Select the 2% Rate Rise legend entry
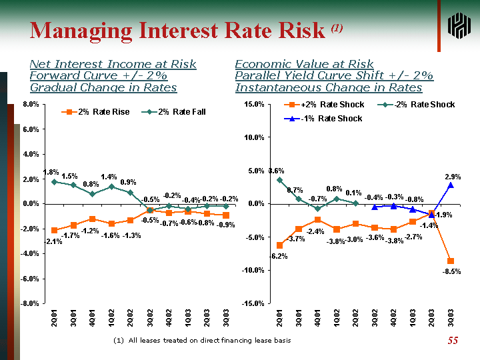(96, 111)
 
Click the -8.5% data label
(451, 271)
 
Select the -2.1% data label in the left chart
(53, 241)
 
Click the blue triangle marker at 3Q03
(451, 185)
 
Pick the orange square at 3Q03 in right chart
(451, 261)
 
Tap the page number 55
(453, 341)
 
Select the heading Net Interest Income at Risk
(113, 64)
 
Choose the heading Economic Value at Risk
(304, 64)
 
